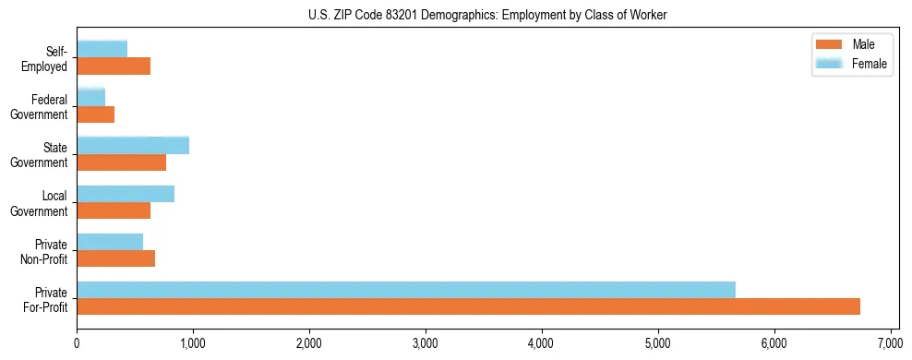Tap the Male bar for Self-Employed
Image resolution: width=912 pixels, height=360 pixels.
click(x=114, y=66)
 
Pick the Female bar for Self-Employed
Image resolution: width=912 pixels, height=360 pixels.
click(x=102, y=49)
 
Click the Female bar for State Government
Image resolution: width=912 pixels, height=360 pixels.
click(x=133, y=145)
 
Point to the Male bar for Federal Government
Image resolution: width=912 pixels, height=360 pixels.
click(x=95, y=114)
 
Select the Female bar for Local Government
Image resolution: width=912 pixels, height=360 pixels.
click(x=126, y=193)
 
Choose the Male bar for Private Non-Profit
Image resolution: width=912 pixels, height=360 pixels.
click(x=115, y=258)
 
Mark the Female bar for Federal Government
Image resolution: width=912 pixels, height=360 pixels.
click(x=90, y=97)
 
